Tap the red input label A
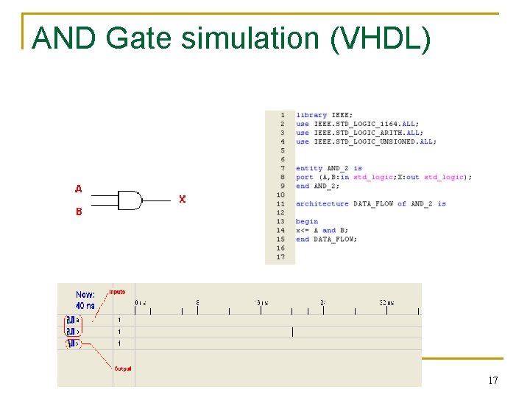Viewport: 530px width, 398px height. pos(78,189)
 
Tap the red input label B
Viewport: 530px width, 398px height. pos(78,212)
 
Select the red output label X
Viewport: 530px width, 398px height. pos(183,200)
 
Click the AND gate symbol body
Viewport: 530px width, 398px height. pos(130,200)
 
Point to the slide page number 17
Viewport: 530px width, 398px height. pos(492,380)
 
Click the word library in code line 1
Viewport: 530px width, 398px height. pos(311,115)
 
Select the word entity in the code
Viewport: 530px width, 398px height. pos(309,168)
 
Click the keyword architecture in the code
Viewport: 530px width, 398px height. pos(322,203)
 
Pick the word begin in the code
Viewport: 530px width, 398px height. pos(307,221)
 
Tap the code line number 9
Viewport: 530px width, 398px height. pos(282,186)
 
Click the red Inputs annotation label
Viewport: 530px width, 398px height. pos(117,293)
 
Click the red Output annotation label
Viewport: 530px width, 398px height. pos(122,368)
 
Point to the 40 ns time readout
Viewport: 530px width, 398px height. pos(85,305)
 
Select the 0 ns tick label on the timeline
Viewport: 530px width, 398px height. pos(140,303)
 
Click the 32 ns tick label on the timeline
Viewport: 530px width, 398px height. pos(386,303)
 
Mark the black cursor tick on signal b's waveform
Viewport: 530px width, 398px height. pos(292,332)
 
